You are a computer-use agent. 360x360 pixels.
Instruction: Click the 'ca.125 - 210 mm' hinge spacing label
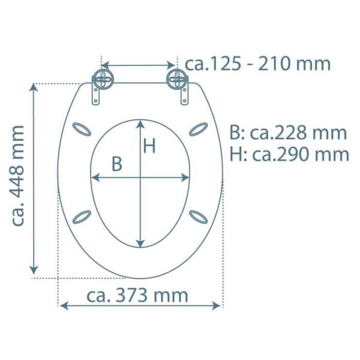pyautogui.click(x=257, y=64)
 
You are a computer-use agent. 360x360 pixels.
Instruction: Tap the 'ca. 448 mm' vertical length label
pyautogui.click(x=17, y=176)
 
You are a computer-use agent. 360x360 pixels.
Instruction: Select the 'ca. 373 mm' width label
pyautogui.click(x=137, y=295)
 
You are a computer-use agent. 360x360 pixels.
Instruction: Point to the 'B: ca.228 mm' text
pyautogui.click(x=288, y=133)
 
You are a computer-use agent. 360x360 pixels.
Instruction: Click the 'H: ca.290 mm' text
pyautogui.click(x=289, y=154)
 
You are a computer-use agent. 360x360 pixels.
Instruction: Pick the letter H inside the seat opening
pyautogui.click(x=149, y=146)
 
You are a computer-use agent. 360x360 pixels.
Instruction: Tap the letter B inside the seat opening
pyautogui.click(x=116, y=164)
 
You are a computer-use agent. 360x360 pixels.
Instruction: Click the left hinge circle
pyautogui.click(x=103, y=79)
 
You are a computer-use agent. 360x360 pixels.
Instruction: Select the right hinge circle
pyautogui.click(x=177, y=79)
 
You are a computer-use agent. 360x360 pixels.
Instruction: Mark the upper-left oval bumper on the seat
pyautogui.click(x=82, y=129)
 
